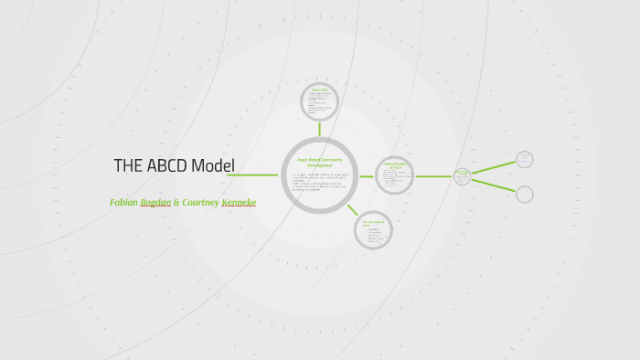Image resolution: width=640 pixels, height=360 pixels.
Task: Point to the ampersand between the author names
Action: [x=176, y=202]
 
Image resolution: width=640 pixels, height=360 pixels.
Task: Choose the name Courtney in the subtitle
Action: [x=200, y=202]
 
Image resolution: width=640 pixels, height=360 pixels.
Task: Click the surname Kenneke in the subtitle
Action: [x=239, y=202]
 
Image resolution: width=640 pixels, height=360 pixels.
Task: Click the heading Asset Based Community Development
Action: [x=319, y=162]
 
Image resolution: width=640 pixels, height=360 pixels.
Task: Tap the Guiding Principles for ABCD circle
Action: [x=395, y=175]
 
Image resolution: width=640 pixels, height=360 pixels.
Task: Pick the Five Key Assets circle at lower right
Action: [x=373, y=229]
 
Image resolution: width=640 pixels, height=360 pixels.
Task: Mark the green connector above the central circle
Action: [x=319, y=129]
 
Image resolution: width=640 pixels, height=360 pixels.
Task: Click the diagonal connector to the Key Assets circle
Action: [x=352, y=209]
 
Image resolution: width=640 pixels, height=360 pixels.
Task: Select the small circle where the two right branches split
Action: [x=462, y=175]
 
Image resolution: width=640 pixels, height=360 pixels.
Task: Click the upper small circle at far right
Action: [x=524, y=159]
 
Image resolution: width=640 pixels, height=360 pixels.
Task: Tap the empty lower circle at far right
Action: [x=524, y=194]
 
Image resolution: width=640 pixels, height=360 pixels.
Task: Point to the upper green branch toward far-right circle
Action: [x=493, y=167]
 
